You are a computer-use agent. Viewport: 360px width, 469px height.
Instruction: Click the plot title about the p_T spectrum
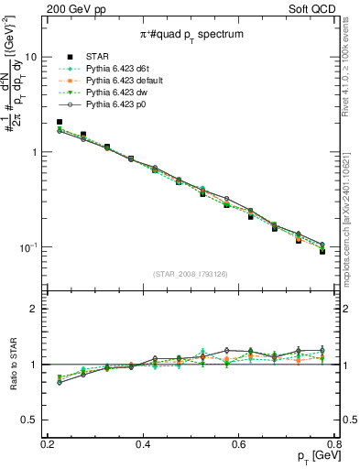(x=191, y=35)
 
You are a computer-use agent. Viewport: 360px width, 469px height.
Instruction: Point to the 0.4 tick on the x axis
(x=143, y=444)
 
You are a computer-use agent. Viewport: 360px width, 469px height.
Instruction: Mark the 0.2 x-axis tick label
(x=48, y=444)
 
